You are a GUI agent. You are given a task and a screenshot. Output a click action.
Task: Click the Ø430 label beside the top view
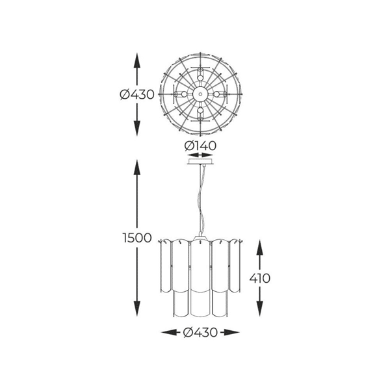coord(136,94)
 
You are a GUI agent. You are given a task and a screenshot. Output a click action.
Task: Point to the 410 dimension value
coord(259,278)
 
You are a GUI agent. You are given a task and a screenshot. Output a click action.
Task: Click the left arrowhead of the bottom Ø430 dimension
coord(166,332)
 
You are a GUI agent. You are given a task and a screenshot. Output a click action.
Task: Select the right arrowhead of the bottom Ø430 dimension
coord(235,332)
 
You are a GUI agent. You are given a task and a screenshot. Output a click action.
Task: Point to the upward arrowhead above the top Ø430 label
coord(136,57)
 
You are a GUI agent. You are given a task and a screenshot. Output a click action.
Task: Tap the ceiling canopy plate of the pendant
coord(201,163)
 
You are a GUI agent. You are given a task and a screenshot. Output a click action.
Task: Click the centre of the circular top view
coord(201,94)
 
